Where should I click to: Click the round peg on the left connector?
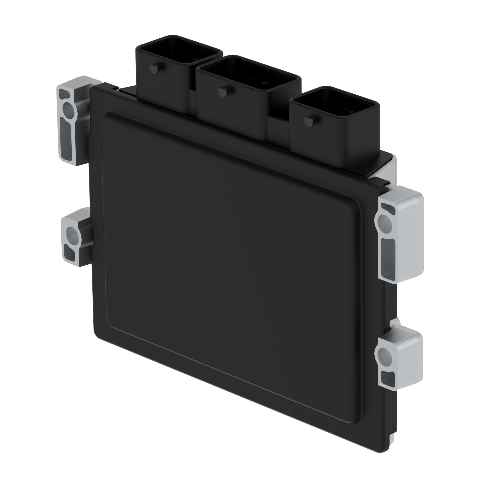click(154, 68)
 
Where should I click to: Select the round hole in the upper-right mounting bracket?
click(385, 223)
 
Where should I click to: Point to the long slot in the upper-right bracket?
click(388, 257)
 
